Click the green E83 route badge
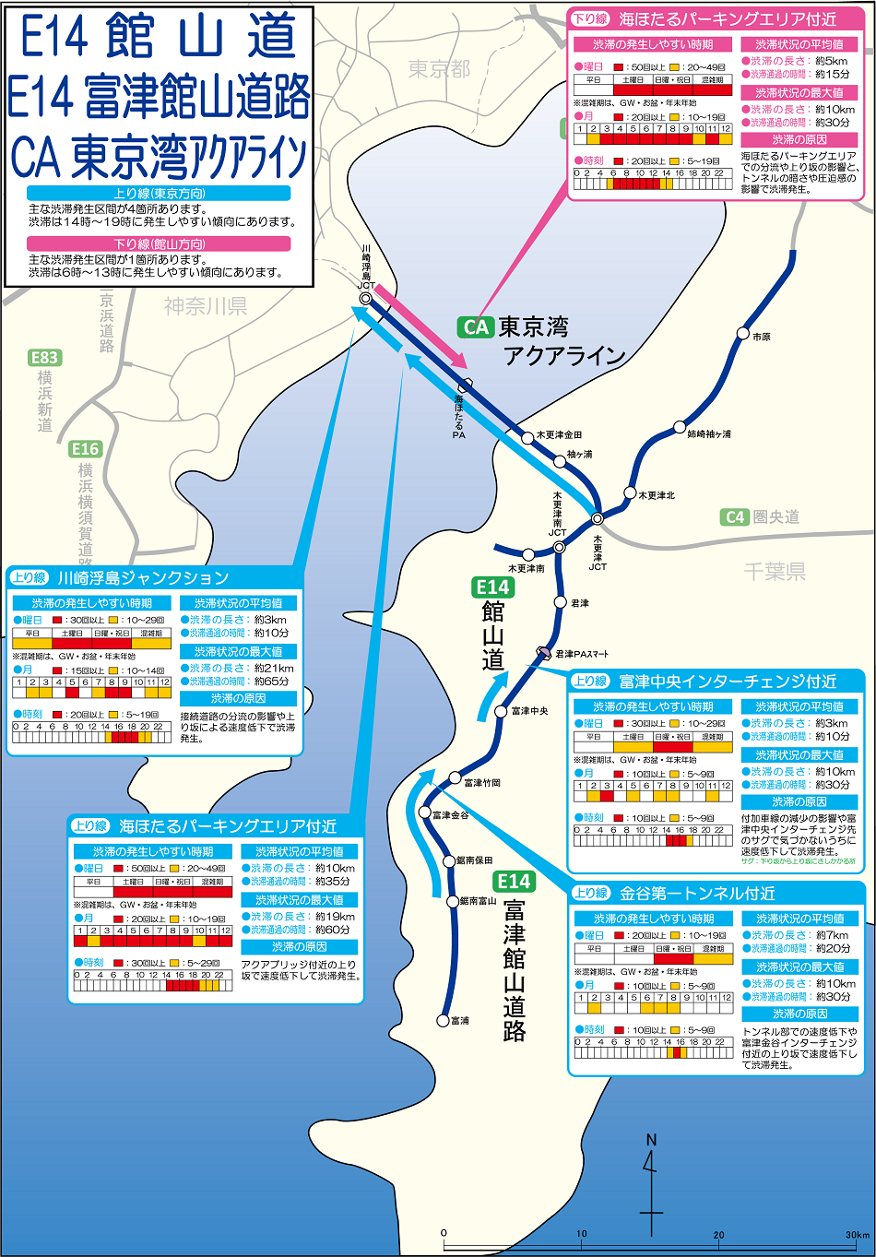point(43,358)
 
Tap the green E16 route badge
point(85,449)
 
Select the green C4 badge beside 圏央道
point(735,517)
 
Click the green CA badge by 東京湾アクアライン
point(476,327)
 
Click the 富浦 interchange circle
point(443,1020)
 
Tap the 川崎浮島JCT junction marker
point(366,299)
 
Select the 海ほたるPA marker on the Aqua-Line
point(466,385)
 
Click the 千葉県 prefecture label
point(775,572)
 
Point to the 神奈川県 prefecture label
point(206,307)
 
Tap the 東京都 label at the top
point(439,69)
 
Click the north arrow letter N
point(651,1141)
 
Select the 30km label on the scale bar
point(858,1234)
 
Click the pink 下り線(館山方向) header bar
point(160,244)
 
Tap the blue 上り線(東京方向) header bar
point(160,194)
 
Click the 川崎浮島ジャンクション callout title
point(143,578)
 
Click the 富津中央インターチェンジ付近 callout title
point(728,682)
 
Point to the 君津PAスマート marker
point(543,653)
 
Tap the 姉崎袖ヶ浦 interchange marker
point(680,428)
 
